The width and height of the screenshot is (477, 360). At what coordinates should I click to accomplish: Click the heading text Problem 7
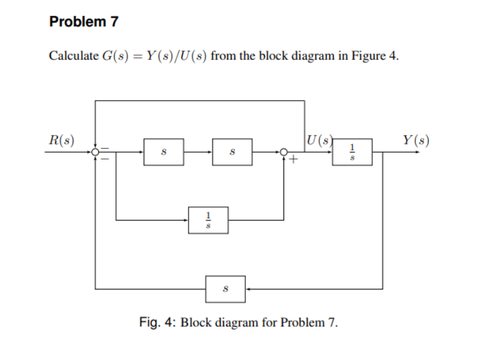click(x=83, y=22)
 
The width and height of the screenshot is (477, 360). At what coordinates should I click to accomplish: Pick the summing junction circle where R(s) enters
click(x=95, y=152)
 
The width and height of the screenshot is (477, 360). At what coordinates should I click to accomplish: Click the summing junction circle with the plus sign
click(x=284, y=152)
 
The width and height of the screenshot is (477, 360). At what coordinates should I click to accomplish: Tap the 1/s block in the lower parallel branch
click(x=209, y=220)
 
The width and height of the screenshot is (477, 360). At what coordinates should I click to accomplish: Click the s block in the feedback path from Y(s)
click(x=226, y=289)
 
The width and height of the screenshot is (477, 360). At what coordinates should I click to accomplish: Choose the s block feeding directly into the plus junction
click(x=232, y=152)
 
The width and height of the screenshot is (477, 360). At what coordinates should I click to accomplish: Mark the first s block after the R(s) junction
click(x=164, y=152)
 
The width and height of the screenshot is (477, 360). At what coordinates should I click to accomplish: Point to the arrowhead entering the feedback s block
click(x=249, y=289)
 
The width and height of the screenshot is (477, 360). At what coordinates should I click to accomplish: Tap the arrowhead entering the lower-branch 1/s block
click(x=186, y=220)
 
